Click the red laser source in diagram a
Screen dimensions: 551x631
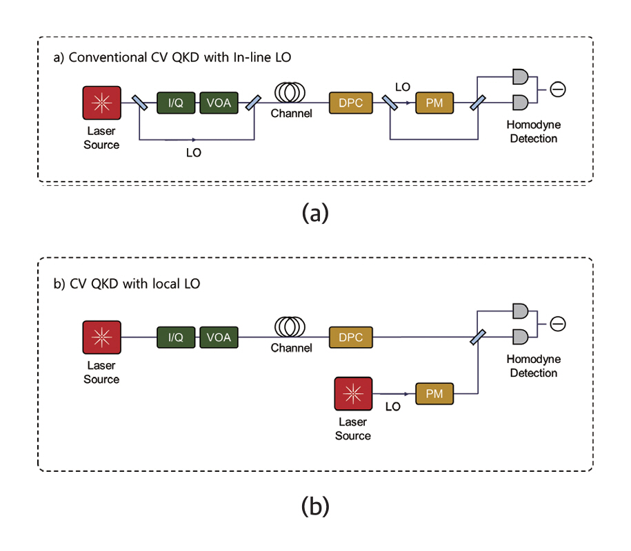tap(101, 103)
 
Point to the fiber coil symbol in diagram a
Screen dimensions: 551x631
tap(291, 93)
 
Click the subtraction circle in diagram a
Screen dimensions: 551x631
tap(557, 90)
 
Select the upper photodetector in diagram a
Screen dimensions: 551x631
tap(522, 76)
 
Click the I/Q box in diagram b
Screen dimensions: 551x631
tap(176, 337)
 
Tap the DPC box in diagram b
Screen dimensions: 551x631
tap(351, 337)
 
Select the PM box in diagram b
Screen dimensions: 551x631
tap(434, 394)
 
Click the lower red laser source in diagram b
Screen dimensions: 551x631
tap(352, 394)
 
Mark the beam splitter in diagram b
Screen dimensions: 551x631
tap(476, 337)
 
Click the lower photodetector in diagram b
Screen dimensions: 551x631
tap(522, 337)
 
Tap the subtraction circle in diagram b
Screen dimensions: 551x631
tap(557, 324)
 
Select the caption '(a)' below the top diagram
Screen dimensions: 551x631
tap(315, 213)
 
